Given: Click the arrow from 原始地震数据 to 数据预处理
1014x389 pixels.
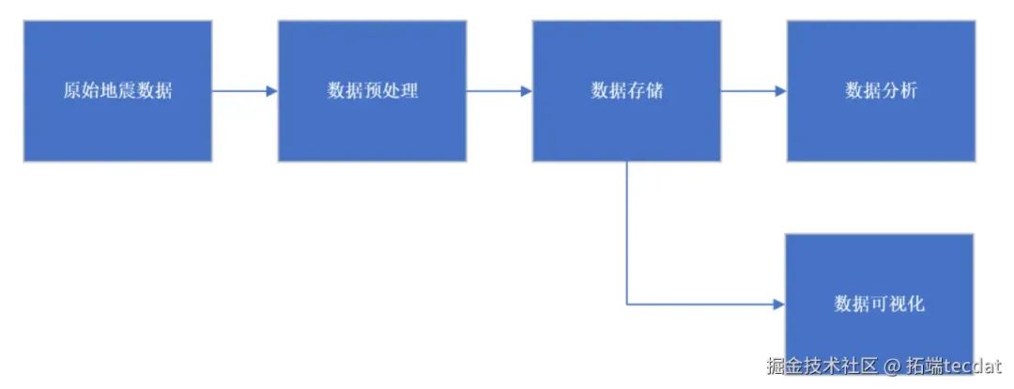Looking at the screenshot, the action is [242, 91].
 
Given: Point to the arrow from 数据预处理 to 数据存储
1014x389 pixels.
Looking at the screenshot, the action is [497, 91].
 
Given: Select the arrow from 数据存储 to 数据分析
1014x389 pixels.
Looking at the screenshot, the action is [751, 91].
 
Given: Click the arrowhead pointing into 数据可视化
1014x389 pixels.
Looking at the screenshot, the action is [778, 304].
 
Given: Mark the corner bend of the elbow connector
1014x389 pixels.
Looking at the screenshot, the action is [627, 304].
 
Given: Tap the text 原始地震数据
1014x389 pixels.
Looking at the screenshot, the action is [117, 91].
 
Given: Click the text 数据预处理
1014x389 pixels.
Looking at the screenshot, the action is [372, 91].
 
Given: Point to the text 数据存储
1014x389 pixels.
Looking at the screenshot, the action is [626, 91].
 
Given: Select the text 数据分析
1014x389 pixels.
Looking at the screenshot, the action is [881, 91].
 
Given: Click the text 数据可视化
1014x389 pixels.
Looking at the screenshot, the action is [879, 303].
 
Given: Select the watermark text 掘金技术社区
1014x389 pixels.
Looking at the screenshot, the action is [822, 366].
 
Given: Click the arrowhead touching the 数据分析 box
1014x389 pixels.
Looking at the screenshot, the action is [779, 91].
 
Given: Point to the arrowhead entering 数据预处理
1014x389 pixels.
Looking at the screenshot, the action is [271, 91].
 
